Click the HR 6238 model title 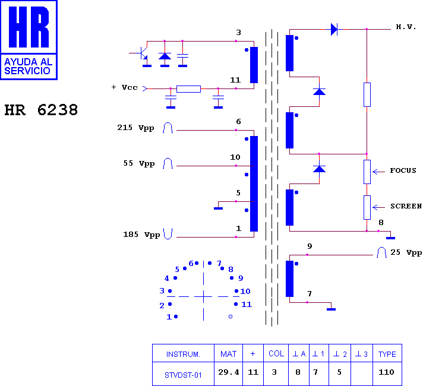[x=41, y=110]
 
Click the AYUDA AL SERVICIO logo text [x=28, y=67]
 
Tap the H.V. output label [x=406, y=27]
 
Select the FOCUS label [x=403, y=170]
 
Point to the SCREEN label [x=406, y=206]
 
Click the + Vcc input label [x=125, y=87]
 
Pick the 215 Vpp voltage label [x=135, y=128]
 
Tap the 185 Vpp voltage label [x=141, y=235]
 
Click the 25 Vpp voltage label [x=406, y=252]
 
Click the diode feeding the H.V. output [x=334, y=29]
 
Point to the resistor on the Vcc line [x=188, y=88]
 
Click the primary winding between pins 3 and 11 [x=254, y=65]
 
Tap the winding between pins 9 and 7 [x=289, y=279]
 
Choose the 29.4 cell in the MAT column [x=229, y=372]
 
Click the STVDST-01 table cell [x=183, y=375]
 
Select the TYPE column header [x=387, y=354]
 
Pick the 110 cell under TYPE [x=386, y=372]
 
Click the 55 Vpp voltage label [x=138, y=163]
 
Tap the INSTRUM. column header [x=183, y=354]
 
